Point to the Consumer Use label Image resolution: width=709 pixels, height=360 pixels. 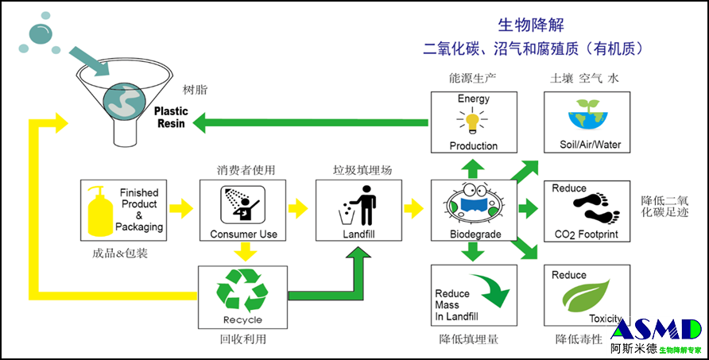click(243, 234)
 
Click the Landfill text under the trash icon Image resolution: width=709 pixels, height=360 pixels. click(358, 234)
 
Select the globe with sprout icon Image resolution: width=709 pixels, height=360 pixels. click(587, 118)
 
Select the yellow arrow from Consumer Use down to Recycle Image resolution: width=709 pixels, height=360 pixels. click(247, 252)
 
